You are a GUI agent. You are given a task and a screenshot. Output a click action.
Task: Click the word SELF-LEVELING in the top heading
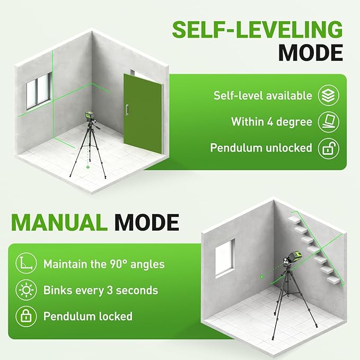pyautogui.click(x=257, y=30)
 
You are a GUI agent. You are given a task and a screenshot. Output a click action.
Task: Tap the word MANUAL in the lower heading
pyautogui.click(x=59, y=222)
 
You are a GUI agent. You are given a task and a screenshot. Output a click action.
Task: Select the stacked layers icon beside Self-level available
pyautogui.click(x=328, y=95)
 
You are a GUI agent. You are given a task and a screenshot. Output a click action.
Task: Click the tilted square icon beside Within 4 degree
pyautogui.click(x=328, y=122)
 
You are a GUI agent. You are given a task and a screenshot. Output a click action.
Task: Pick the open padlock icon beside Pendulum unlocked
pyautogui.click(x=328, y=148)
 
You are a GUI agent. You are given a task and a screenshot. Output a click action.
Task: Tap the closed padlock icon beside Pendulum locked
pyautogui.click(x=26, y=317)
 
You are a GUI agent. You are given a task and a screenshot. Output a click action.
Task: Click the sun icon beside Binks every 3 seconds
pyautogui.click(x=26, y=290)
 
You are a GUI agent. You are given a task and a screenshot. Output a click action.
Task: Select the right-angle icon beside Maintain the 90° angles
pyautogui.click(x=26, y=264)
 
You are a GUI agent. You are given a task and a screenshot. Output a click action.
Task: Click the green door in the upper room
pyautogui.click(x=143, y=113)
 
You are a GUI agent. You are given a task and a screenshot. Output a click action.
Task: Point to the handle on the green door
pyautogui.click(x=127, y=110)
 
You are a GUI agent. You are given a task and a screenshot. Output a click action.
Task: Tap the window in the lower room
pyautogui.click(x=225, y=258)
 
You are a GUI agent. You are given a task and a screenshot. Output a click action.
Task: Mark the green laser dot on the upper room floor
pyautogui.click(x=87, y=167)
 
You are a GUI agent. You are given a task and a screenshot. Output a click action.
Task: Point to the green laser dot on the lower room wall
pyautogui.click(x=261, y=277)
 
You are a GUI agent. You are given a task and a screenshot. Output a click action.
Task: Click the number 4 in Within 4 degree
pyautogui.click(x=270, y=122)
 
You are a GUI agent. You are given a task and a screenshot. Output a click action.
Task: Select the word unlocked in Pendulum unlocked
pyautogui.click(x=289, y=147)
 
